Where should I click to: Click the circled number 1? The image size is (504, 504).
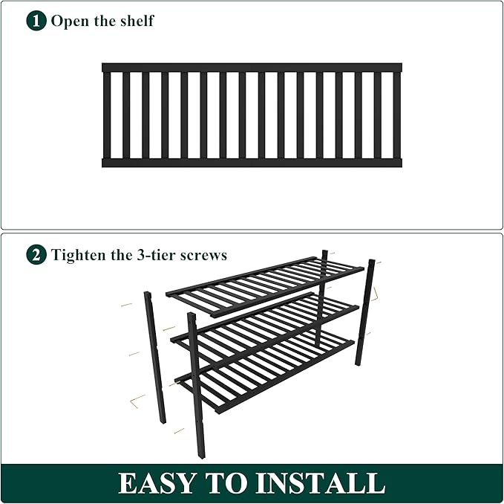pos(36,21)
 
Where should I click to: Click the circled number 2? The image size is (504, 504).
pos(36,255)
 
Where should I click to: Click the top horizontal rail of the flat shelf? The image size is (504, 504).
pos(252,67)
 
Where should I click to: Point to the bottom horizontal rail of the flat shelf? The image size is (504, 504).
pos(252,162)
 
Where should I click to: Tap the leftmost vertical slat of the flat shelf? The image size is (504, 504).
pos(107,114)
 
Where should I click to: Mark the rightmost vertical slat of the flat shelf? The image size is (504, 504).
pos(397,114)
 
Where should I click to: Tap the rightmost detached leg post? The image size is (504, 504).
pos(365,312)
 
